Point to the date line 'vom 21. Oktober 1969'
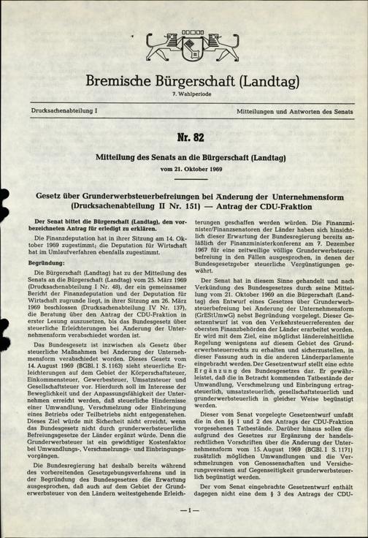[x=184, y=169]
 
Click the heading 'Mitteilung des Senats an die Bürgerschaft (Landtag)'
[x=184, y=156]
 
